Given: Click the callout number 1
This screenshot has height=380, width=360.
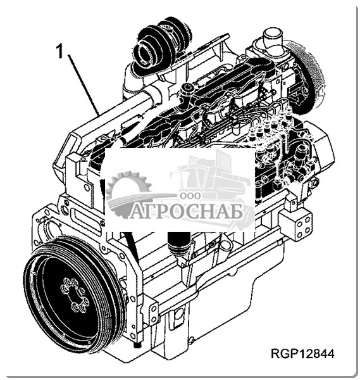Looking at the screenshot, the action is point(59,51).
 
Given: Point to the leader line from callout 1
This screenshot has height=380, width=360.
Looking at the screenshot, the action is point(84,85).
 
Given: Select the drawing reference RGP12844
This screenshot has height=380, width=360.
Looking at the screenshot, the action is point(302,353).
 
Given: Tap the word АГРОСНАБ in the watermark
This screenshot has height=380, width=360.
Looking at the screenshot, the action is point(187,211).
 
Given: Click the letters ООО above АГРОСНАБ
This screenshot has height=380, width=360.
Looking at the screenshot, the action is point(190,196).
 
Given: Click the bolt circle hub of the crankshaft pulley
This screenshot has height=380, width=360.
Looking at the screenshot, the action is point(73,294).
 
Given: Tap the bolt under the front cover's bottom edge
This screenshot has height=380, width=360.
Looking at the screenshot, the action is point(138,345).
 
